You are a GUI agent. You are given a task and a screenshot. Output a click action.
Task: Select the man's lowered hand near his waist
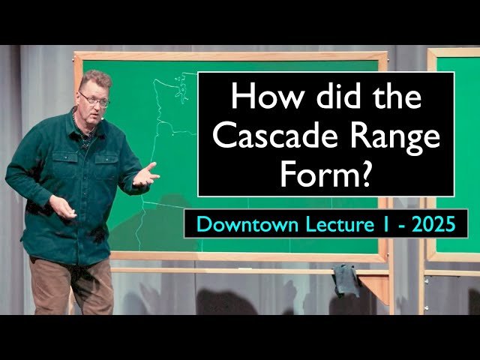[63, 208]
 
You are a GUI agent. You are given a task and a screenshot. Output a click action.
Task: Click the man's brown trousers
[71, 285]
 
